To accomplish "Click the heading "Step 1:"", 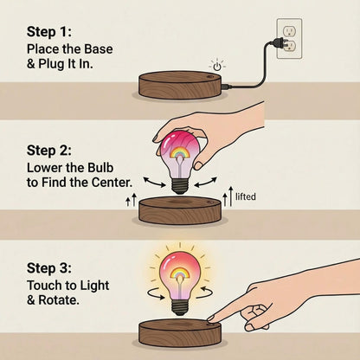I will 54,34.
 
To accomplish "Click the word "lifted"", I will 246,197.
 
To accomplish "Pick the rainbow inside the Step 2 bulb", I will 180,151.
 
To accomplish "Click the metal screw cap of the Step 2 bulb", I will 179,183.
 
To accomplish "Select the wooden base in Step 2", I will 180,210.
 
